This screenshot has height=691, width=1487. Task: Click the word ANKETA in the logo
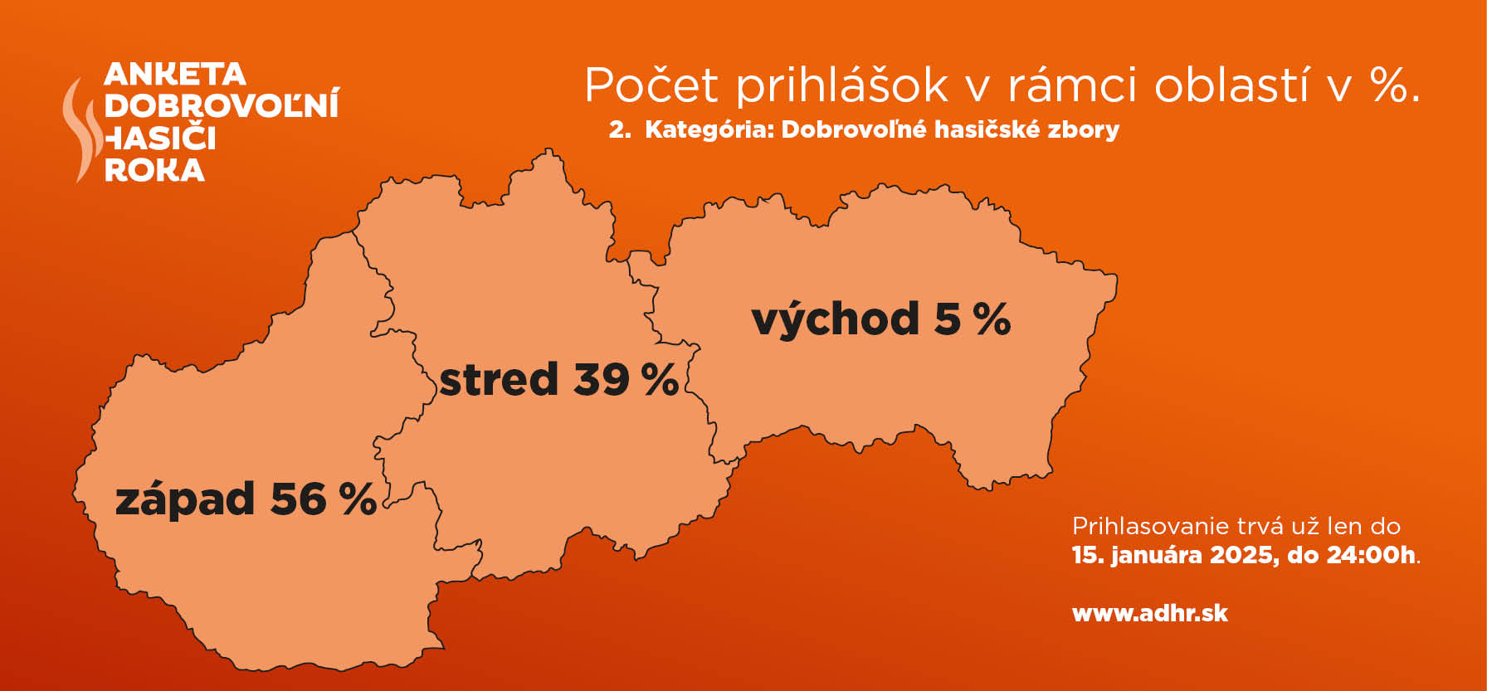[x=175, y=74]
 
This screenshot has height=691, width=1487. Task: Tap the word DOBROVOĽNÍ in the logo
[x=222, y=105]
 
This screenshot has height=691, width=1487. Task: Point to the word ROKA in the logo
[x=154, y=169]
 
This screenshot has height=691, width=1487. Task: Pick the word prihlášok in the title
[x=842, y=85]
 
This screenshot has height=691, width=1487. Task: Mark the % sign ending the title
[x=1396, y=85]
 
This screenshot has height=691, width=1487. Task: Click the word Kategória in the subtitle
[x=709, y=129]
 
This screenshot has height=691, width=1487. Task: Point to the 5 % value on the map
[x=973, y=319]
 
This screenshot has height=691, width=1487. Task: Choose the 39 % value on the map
[x=626, y=379]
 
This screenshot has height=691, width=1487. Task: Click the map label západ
[x=185, y=499]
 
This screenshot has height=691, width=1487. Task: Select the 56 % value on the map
[x=324, y=499]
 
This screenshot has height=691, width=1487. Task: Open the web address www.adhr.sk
[x=1150, y=613]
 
